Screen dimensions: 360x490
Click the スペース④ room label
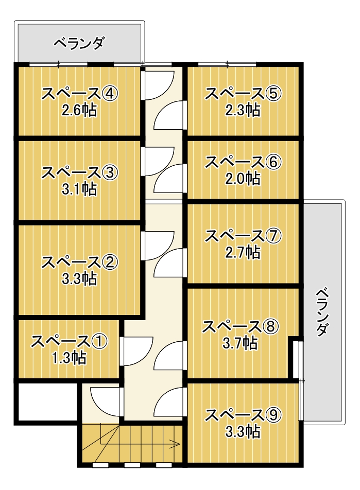(79, 93)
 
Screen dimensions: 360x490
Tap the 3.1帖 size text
(79, 189)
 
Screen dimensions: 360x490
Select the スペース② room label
(79, 262)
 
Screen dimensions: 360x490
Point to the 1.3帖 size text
(69, 358)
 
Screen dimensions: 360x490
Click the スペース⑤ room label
(243, 93)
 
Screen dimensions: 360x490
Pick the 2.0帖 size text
(243, 179)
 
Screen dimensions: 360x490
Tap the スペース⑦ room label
(243, 236)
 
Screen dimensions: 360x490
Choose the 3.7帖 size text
(240, 343)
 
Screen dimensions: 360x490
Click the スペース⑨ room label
(243, 415)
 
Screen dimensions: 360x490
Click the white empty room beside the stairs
(48, 402)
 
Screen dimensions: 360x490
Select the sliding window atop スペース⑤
(227, 65)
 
